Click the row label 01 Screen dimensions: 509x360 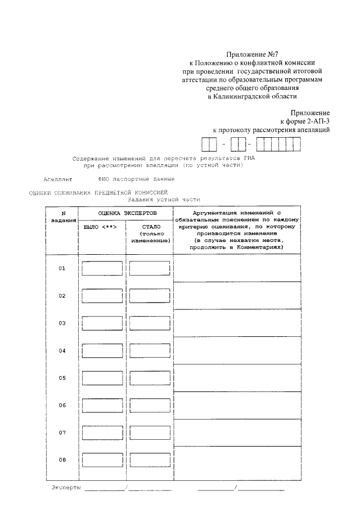point(62,268)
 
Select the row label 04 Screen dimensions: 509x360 point(62,350)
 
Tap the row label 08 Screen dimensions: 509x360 point(62,460)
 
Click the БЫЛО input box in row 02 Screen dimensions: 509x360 point(102,296)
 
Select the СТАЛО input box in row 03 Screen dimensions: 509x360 point(149,323)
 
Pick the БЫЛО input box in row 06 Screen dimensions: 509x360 point(102,406)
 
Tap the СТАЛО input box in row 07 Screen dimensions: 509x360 point(149,433)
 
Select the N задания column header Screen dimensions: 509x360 point(63,217)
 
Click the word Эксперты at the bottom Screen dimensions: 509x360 point(66,487)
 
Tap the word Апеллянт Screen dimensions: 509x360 point(58,179)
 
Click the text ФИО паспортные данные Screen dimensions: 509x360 point(136,179)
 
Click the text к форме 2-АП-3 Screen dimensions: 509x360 point(304,121)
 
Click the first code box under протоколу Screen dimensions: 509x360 point(209,145)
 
